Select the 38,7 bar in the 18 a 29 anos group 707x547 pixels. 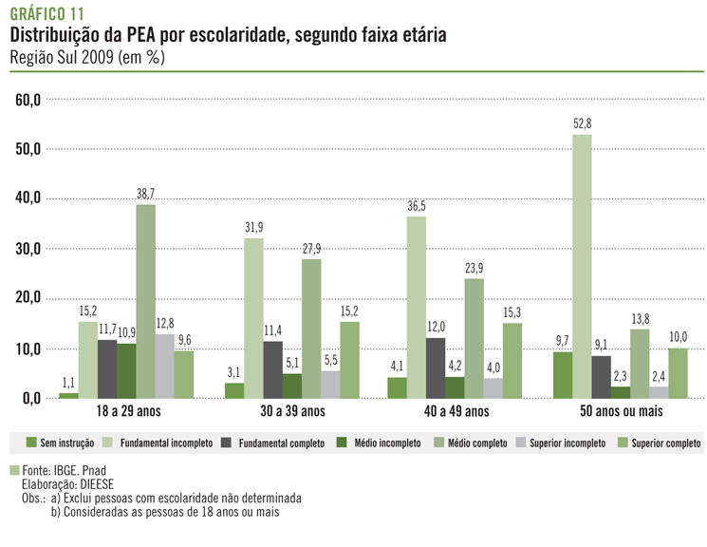(145, 301)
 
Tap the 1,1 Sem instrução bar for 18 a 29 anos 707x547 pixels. (68, 395)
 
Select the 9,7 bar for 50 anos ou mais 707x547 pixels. (562, 374)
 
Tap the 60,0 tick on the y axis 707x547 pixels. (26, 99)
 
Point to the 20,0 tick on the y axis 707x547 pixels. (26, 298)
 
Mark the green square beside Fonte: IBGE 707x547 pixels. (13, 470)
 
